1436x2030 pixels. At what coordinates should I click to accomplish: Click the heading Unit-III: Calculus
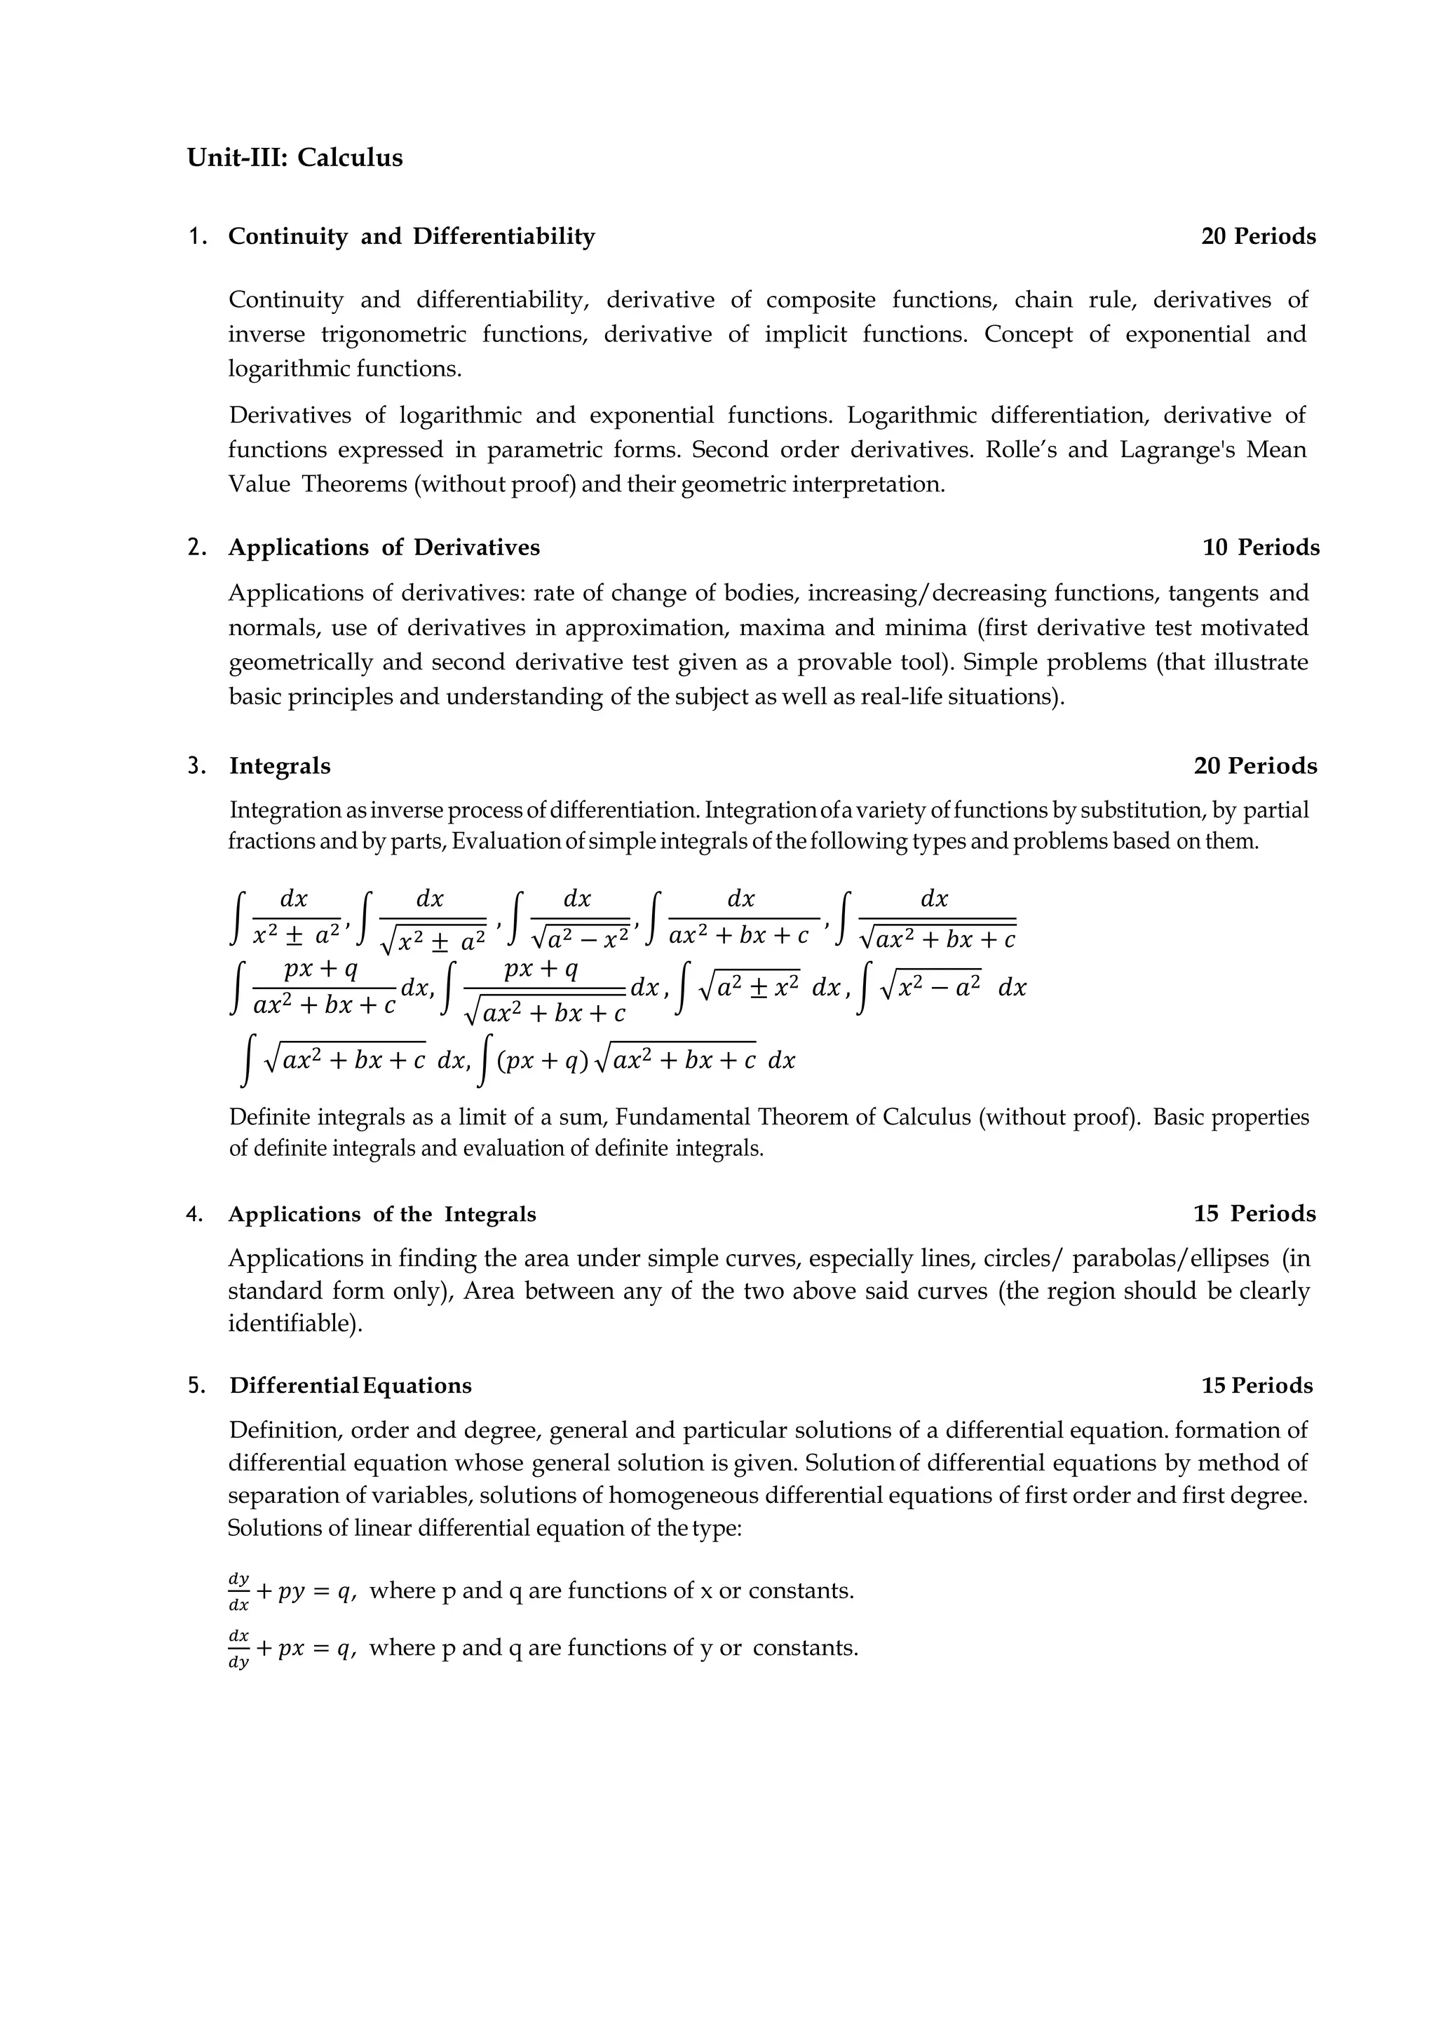(294, 158)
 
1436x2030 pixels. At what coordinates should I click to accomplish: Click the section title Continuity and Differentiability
(411, 237)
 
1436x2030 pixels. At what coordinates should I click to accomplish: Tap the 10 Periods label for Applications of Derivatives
(1260, 548)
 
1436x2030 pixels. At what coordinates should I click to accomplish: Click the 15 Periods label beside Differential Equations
(1256, 1385)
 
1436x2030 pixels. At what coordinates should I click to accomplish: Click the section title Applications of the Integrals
(382, 1215)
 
